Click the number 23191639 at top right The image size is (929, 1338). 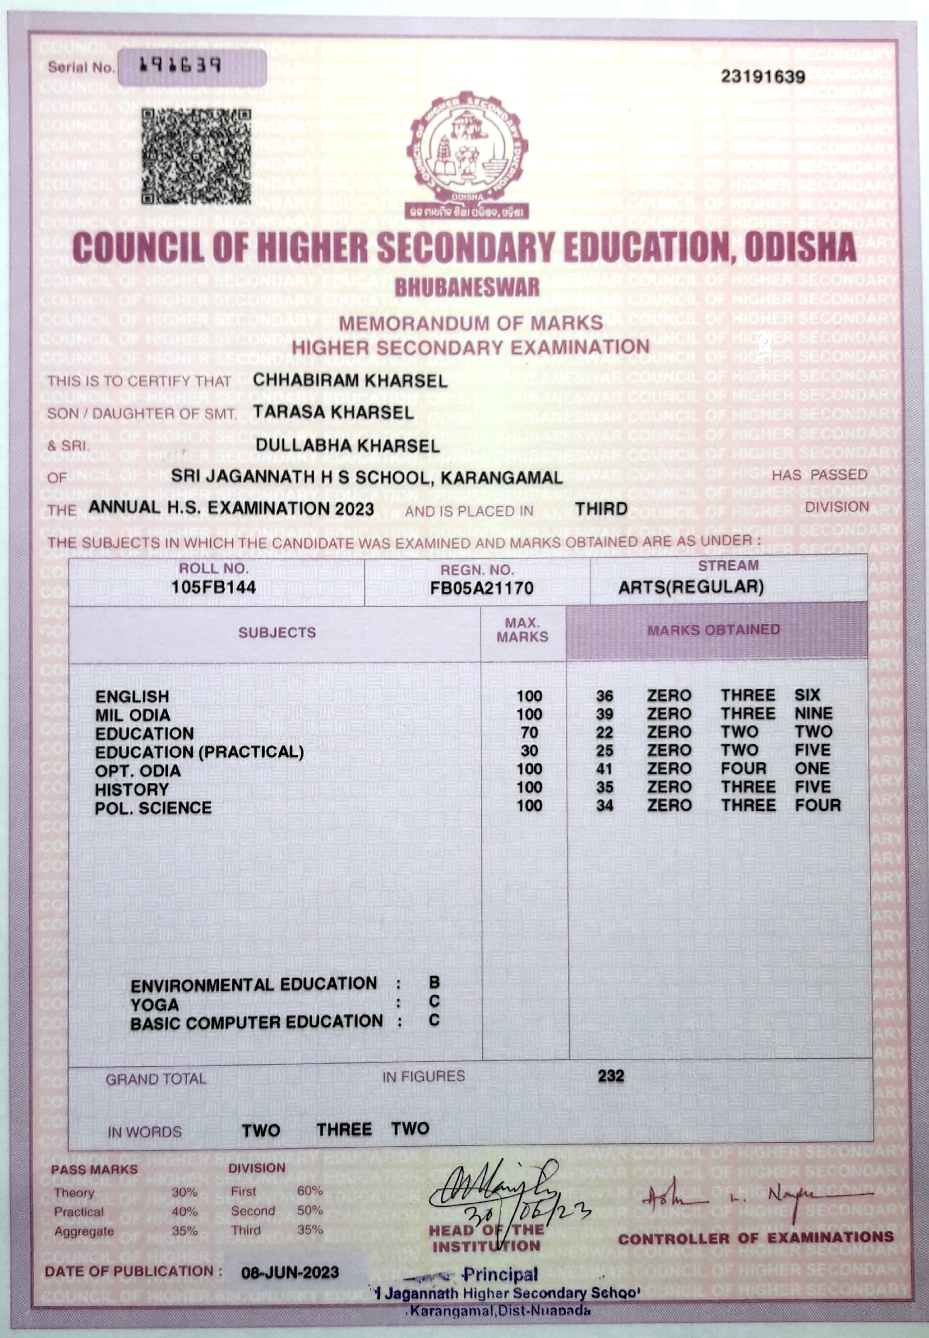pos(763,77)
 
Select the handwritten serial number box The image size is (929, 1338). pos(192,67)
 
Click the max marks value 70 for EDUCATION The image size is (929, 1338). pos(529,733)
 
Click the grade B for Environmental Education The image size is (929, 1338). pos(434,982)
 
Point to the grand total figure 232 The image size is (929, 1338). pos(610,1076)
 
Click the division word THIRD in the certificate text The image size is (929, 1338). pos(601,509)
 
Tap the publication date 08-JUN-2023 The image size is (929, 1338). pos(290,1272)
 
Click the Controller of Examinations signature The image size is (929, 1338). pos(757,1197)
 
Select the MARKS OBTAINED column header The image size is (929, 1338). pos(714,630)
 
